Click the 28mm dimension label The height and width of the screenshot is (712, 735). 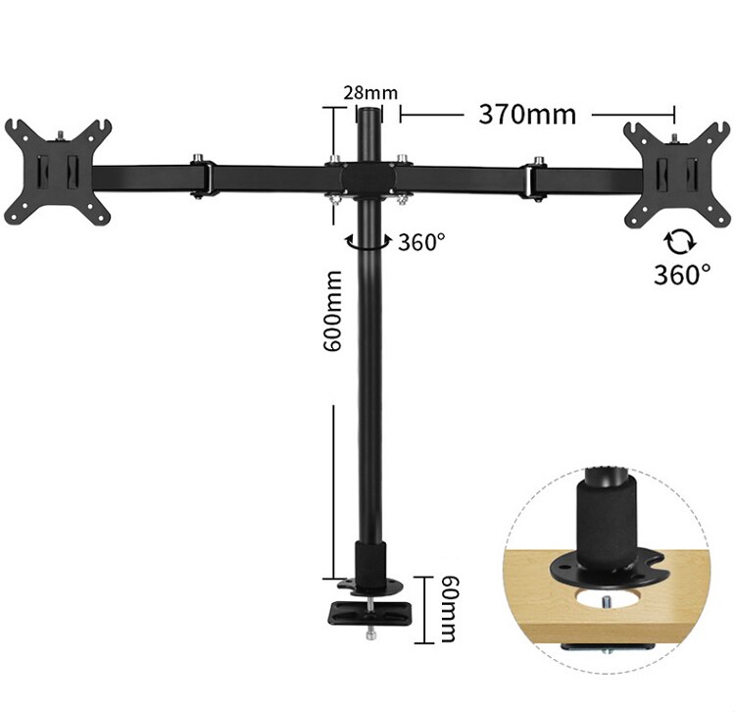(x=370, y=93)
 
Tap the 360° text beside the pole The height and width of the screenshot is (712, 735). (x=421, y=242)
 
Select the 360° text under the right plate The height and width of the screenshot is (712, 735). (x=682, y=274)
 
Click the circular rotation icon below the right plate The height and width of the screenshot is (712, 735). (x=675, y=240)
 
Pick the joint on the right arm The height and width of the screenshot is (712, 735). (x=536, y=178)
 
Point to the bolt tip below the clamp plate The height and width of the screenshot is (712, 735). (x=369, y=638)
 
